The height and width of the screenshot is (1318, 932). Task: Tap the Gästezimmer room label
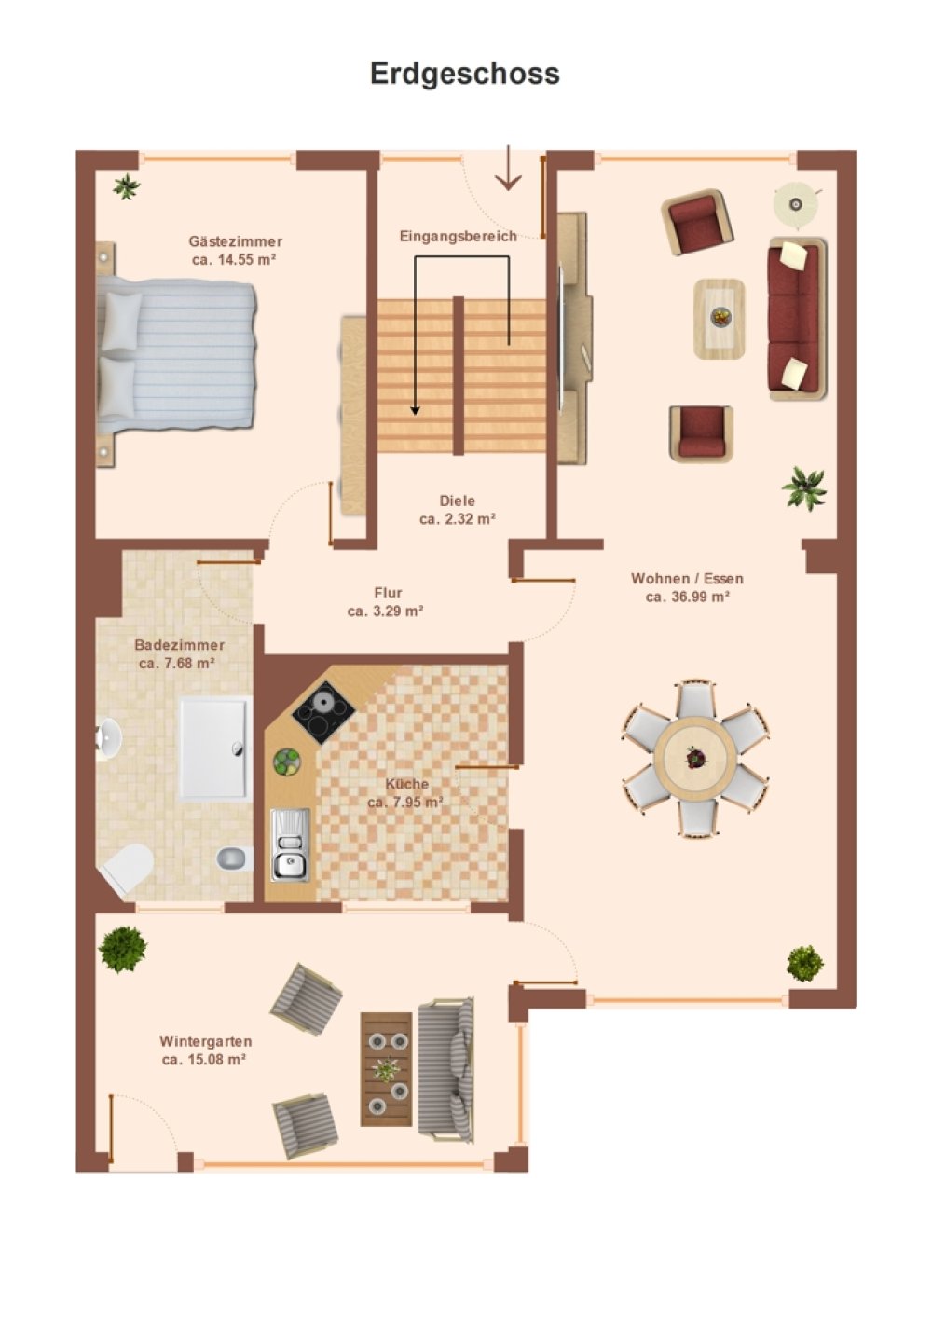coord(236,241)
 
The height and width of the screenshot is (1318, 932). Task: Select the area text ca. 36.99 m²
coord(687,597)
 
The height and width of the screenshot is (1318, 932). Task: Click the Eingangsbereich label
coord(459,236)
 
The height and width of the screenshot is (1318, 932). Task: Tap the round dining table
coord(695,758)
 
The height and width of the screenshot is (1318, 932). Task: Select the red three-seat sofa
coord(797,319)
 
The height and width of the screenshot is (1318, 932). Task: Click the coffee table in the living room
coord(719,319)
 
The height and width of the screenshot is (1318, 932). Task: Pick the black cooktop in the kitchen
coord(323,712)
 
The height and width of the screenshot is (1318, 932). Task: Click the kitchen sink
coord(290,844)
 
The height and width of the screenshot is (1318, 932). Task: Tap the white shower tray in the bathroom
coord(213,748)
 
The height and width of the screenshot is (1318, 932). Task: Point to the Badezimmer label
coord(180,645)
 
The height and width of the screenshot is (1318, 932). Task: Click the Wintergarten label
coord(205,1041)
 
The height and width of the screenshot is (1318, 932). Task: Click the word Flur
coord(389,593)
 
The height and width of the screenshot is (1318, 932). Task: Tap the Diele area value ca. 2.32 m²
coord(458,519)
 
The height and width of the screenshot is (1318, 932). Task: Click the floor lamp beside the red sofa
coord(797,205)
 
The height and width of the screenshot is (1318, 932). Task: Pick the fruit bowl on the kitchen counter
coord(287,763)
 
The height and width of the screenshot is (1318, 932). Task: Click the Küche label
coord(407,784)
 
